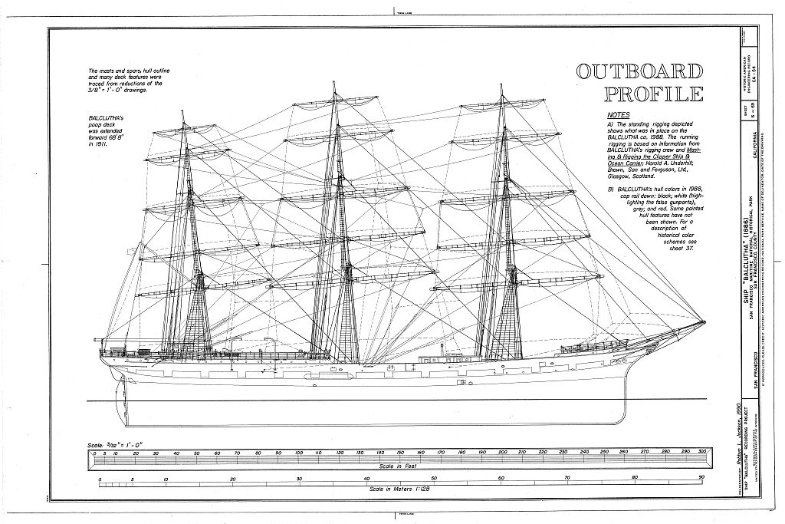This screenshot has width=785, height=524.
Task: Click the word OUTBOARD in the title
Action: point(639,73)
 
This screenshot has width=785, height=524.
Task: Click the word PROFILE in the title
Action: point(652,94)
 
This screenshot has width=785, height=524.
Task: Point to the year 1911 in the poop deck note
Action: point(96,143)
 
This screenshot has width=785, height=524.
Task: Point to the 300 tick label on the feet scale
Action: point(698,454)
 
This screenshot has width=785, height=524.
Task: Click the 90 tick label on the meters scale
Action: point(700,479)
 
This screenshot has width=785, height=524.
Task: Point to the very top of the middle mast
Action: point(333,82)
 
